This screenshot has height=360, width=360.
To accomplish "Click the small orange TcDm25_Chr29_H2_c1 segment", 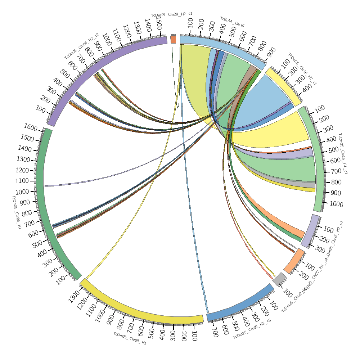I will click(x=173, y=40).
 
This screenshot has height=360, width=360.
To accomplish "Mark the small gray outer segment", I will click(x=279, y=279).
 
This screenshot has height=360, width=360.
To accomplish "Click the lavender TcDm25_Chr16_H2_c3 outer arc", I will click(x=310, y=230).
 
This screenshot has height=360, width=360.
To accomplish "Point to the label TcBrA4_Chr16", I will click(x=232, y=22).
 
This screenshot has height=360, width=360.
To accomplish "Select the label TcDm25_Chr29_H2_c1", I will click(x=171, y=15).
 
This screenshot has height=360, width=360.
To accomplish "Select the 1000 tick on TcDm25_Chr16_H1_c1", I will click(x=336, y=204).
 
